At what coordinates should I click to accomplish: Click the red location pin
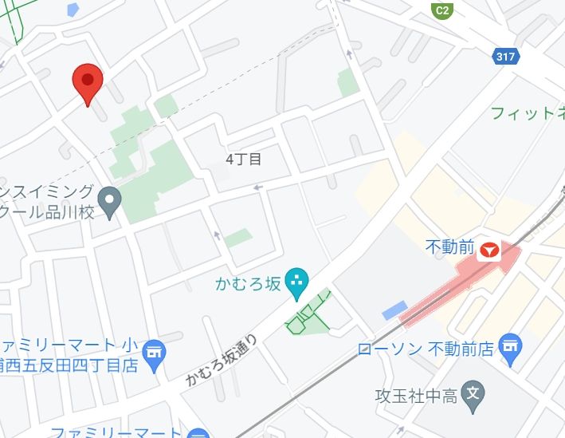[x=88, y=81]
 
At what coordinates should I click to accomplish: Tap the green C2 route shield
[x=441, y=10]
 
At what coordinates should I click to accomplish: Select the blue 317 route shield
[x=505, y=57]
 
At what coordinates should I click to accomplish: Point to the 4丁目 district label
[x=243, y=159]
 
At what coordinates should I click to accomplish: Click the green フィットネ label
[x=527, y=112]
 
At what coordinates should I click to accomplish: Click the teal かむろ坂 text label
[x=249, y=282]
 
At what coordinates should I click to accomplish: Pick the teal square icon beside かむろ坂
[x=297, y=281]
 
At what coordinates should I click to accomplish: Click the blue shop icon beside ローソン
[x=508, y=346]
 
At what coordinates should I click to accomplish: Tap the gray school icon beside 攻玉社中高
[x=473, y=393]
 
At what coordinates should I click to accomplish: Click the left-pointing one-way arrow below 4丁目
[x=257, y=187]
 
